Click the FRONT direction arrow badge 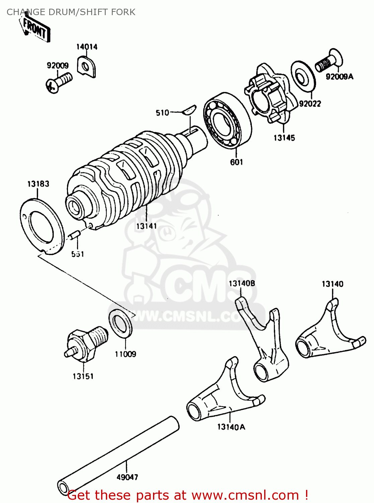[x=35, y=29]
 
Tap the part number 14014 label [x=87, y=47]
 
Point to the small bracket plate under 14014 [x=87, y=66]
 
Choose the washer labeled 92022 [x=303, y=77]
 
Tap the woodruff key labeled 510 [x=190, y=110]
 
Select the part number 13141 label [x=146, y=226]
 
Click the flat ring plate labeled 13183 [x=42, y=226]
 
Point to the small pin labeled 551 [x=74, y=234]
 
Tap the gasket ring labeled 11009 [x=121, y=323]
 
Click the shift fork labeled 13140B [x=265, y=345]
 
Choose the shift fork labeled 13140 [x=328, y=335]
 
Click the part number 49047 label [x=127, y=477]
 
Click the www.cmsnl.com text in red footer [x=245, y=495]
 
